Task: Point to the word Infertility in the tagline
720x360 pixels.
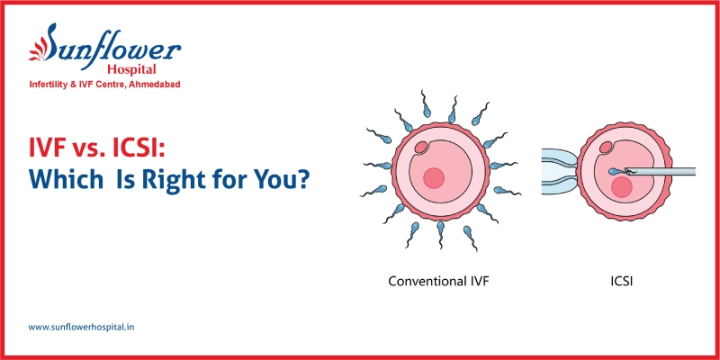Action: click(52, 85)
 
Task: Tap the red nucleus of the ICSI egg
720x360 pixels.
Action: click(620, 187)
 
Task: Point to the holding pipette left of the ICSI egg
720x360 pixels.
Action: click(558, 168)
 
